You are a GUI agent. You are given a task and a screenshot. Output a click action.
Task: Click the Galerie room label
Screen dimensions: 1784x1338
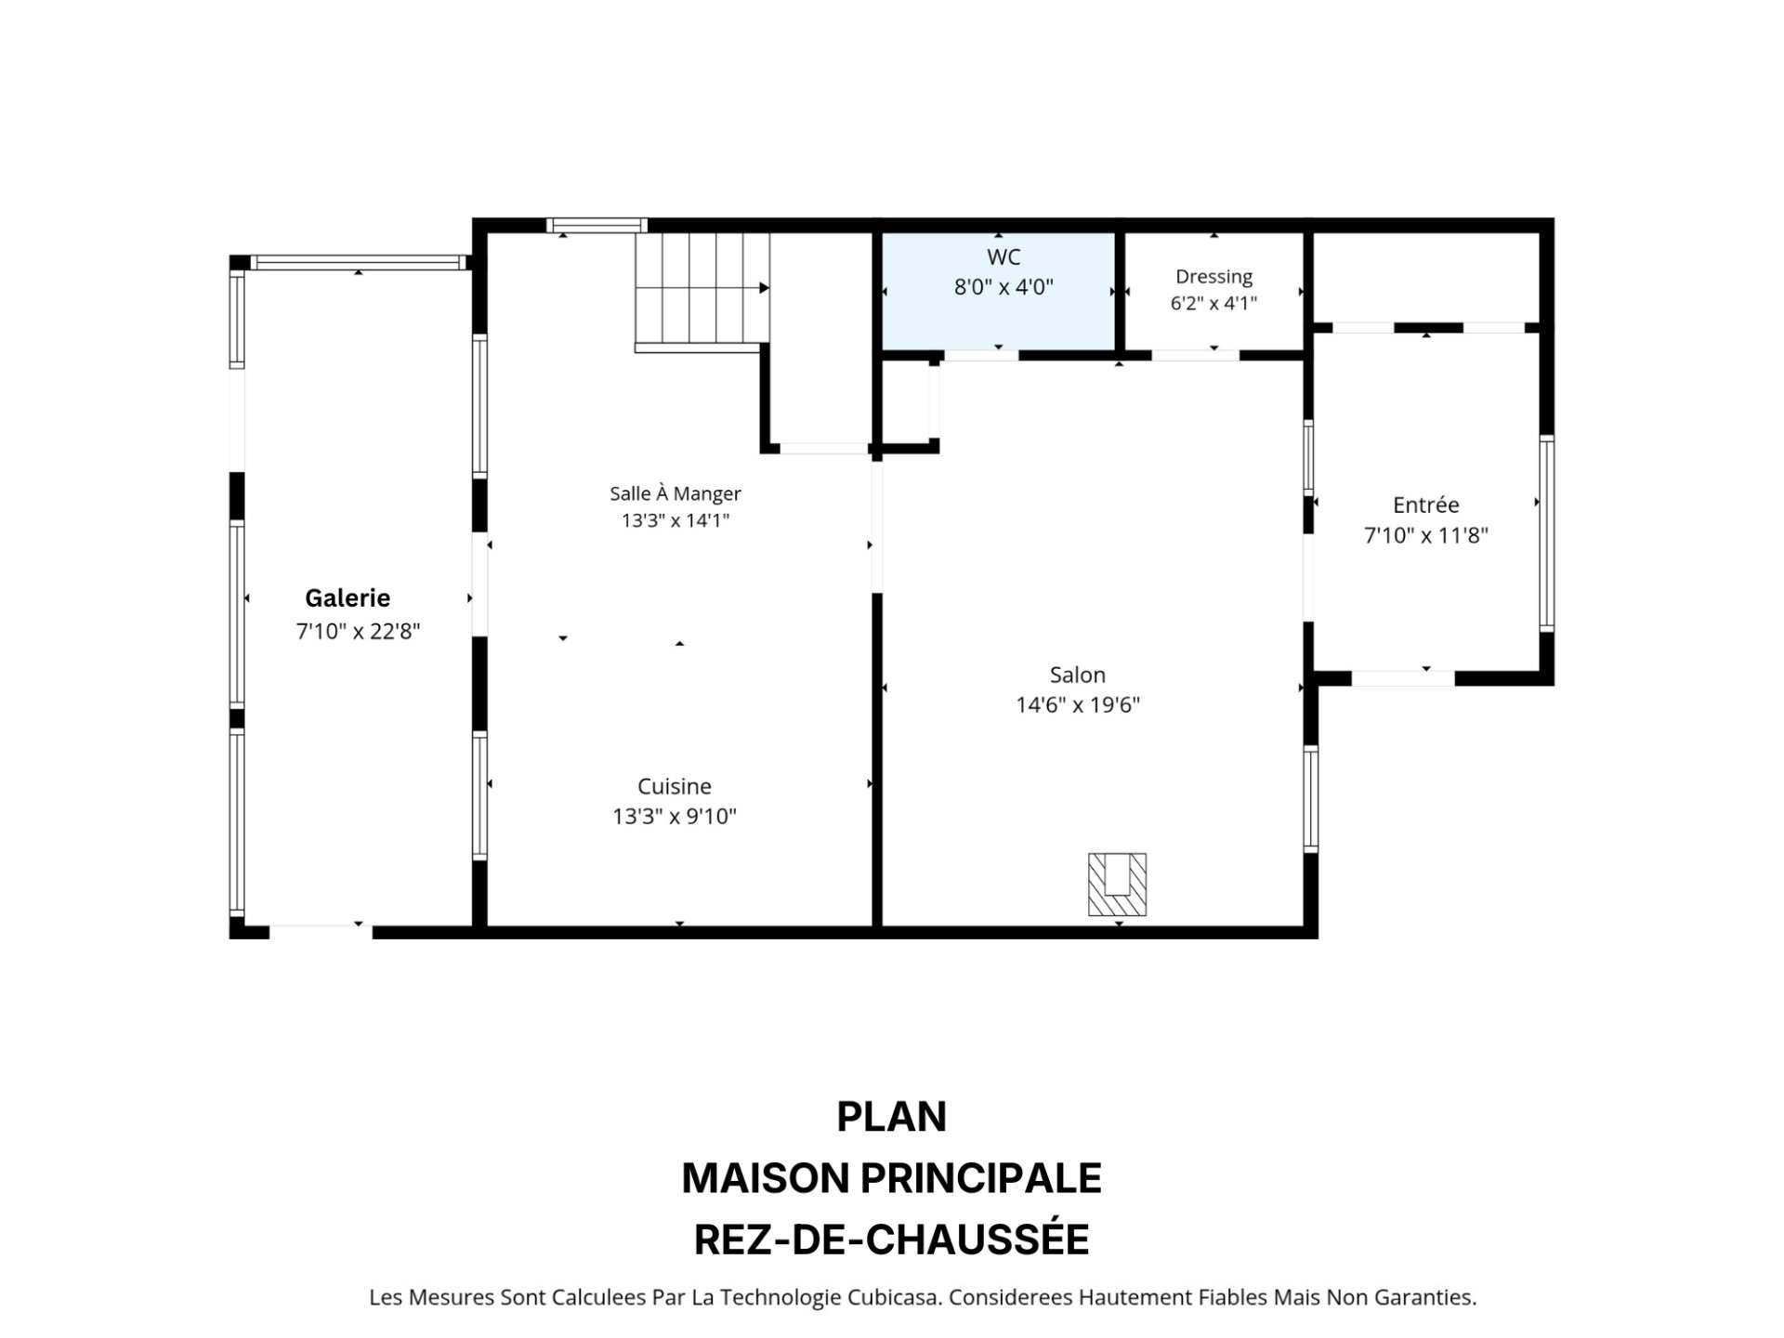click(x=348, y=597)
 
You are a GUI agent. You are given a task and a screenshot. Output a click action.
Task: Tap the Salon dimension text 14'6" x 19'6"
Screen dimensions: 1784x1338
click(x=1078, y=704)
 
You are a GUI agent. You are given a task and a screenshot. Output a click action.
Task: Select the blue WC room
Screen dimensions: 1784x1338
click(x=999, y=291)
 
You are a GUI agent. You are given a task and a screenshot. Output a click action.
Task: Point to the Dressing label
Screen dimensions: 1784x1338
click(x=1213, y=277)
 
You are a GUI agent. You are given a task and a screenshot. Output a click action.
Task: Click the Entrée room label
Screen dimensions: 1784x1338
click(x=1425, y=505)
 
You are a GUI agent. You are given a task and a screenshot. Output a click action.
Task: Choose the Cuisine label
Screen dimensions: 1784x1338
click(x=675, y=786)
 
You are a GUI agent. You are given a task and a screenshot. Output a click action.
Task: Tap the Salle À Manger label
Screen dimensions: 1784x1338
click(x=676, y=493)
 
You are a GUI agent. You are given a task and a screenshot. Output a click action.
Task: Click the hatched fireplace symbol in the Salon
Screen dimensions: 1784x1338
click(x=1117, y=884)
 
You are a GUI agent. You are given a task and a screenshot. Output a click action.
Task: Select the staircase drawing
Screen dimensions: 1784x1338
click(x=702, y=292)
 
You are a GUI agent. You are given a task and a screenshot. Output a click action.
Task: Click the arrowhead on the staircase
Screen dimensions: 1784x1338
click(x=765, y=288)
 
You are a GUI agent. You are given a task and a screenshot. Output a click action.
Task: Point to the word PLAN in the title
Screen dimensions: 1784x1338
click(x=892, y=1117)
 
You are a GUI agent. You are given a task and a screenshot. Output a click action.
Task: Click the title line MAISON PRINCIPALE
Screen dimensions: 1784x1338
click(x=892, y=1178)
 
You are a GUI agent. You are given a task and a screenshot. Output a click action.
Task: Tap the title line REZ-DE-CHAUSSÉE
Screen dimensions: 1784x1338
click(x=892, y=1240)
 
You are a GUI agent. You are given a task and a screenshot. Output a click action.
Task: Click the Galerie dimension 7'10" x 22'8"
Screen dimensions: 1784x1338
click(x=359, y=632)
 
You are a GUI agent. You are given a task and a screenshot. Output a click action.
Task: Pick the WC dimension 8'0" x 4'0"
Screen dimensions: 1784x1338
click(x=1003, y=287)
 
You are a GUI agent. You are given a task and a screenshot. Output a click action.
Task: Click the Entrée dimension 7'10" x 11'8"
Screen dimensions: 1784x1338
click(x=1426, y=535)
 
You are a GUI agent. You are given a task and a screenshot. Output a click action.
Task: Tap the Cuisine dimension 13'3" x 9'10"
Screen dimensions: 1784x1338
click(x=675, y=817)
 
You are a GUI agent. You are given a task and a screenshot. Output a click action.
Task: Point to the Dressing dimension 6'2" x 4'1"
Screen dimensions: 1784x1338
click(x=1213, y=303)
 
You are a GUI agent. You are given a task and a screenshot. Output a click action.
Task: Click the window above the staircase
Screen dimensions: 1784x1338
click(x=597, y=225)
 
